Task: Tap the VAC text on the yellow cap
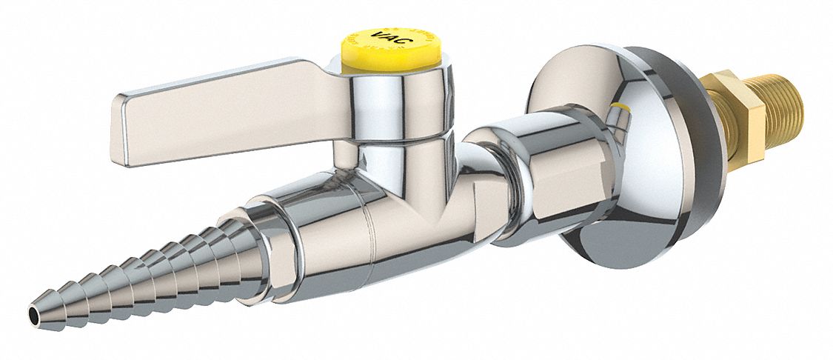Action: point(392,38)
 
